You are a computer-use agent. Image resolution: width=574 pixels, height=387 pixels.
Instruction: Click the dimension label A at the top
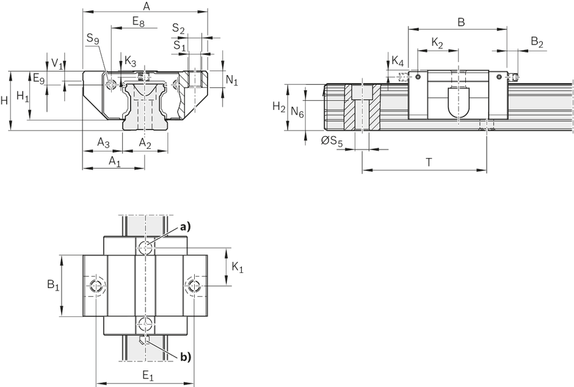point(146,6)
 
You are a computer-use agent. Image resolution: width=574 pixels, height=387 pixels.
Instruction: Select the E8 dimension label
point(139,22)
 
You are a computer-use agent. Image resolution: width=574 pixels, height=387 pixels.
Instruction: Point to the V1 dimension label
point(57,63)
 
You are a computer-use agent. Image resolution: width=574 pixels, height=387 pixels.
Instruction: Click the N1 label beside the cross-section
point(231,80)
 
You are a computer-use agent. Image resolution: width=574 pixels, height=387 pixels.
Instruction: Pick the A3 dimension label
point(103,143)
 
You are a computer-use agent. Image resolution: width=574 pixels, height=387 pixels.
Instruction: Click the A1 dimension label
point(115,161)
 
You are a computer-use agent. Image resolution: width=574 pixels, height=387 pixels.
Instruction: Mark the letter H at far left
point(4,101)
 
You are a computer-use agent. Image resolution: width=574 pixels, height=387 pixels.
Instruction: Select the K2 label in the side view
point(437,43)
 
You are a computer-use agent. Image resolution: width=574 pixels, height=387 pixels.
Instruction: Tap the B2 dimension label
point(537,42)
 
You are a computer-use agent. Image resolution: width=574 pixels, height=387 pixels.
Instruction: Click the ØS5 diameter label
point(332,141)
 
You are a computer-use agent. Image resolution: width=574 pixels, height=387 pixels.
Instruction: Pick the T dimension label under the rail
point(429,162)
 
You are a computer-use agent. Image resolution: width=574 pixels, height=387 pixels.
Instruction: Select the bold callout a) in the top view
point(185,228)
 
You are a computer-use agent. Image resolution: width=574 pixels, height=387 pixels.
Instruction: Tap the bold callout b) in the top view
point(185,356)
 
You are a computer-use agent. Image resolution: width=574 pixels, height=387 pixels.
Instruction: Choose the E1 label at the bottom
point(148,375)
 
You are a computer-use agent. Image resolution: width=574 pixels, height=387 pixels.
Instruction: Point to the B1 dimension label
point(53,284)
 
